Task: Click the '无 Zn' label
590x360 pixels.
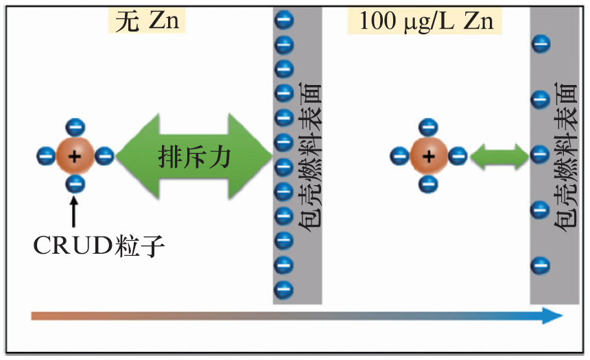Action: pyautogui.click(x=147, y=22)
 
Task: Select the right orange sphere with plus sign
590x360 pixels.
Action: pyautogui.click(x=429, y=156)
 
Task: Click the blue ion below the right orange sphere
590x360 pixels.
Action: pyautogui.click(x=429, y=184)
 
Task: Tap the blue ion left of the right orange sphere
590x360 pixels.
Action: pyautogui.click(x=400, y=156)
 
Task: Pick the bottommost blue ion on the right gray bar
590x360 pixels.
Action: pyautogui.click(x=540, y=264)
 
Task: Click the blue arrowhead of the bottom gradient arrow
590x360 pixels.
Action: pyautogui.click(x=552, y=315)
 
